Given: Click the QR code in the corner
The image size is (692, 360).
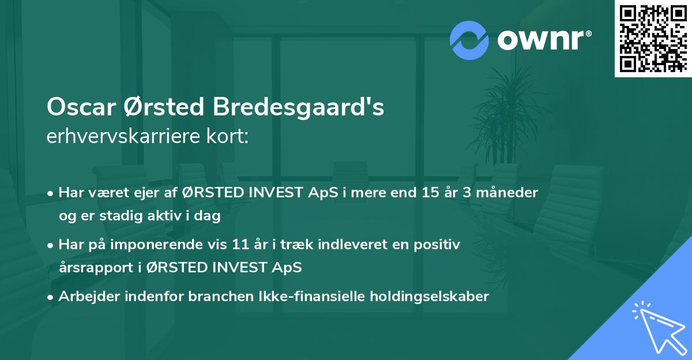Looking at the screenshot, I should pyautogui.click(x=653, y=38).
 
